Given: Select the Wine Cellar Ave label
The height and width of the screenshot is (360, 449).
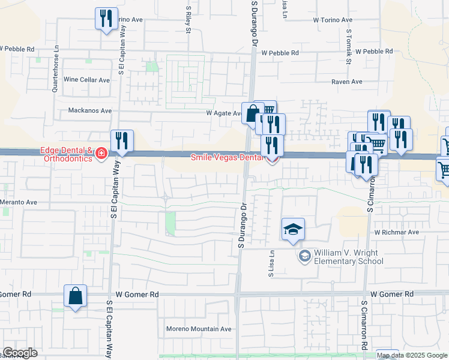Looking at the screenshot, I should click(x=86, y=80).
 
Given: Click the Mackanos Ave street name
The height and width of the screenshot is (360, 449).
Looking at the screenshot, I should click(x=90, y=110).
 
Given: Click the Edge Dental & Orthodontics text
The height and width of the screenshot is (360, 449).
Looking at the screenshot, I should click(x=66, y=154).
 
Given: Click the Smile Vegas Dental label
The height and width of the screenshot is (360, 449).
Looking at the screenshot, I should click(x=227, y=158).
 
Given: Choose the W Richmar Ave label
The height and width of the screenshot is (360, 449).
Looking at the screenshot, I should click(x=396, y=232).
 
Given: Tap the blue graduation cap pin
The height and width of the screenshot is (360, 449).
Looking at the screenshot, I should click(x=293, y=230).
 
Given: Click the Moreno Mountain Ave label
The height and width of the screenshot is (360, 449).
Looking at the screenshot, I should click(x=199, y=329).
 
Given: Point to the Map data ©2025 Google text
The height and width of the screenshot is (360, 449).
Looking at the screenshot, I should click(x=412, y=355).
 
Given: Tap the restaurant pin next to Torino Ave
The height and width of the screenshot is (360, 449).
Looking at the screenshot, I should click(x=106, y=19).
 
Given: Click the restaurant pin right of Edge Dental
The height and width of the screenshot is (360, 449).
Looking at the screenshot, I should click(x=122, y=142).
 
